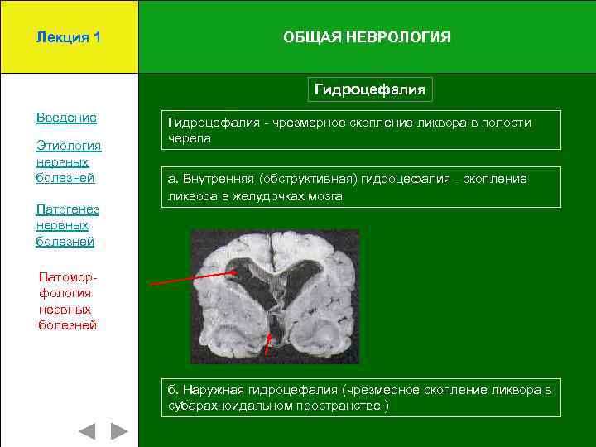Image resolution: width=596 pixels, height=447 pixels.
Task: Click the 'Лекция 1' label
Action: pos(69,37)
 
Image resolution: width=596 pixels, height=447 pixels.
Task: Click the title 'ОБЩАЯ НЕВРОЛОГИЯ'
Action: pos(367,37)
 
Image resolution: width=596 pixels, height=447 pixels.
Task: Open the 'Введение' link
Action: pos(66,118)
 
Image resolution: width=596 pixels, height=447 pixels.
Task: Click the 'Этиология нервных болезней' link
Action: pos(68,161)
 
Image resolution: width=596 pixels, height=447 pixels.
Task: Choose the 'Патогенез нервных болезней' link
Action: pos(68,225)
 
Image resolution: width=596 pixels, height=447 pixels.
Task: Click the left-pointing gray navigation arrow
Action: pos(87,431)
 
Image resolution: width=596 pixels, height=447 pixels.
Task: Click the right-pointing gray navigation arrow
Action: pos(119,431)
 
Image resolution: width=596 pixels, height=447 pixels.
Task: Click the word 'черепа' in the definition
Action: pos(190,138)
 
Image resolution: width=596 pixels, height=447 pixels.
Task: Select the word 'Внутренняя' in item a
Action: pos(218,179)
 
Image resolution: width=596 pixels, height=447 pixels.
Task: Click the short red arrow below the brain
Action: pos(268,344)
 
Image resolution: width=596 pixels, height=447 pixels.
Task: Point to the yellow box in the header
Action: pos(69,37)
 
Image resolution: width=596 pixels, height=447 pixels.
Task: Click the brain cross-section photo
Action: pos(275,296)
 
